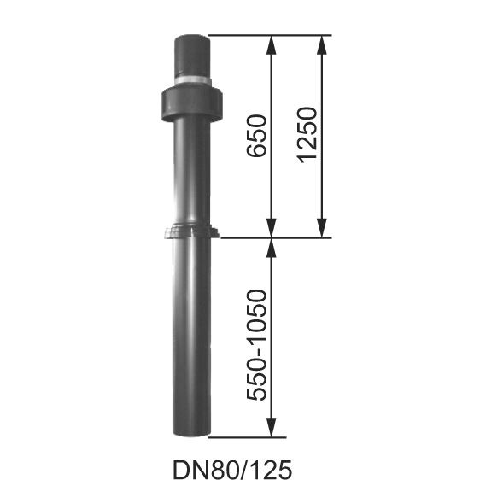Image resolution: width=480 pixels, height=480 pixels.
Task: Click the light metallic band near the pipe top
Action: point(193,82)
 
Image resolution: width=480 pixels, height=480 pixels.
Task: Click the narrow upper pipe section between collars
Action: point(190,171)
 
